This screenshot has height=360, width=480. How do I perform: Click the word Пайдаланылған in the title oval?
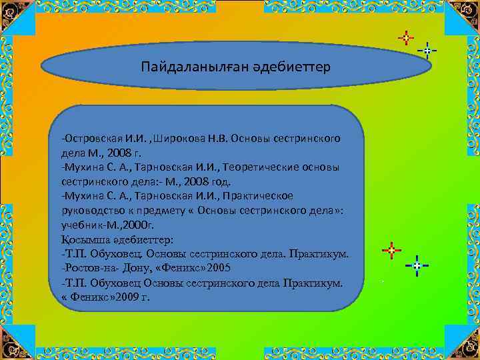point(181,68)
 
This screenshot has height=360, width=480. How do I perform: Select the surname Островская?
point(94,138)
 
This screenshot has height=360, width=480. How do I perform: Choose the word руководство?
point(90,209)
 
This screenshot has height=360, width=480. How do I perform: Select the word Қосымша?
point(84,238)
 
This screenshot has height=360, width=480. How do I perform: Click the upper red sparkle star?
point(405,38)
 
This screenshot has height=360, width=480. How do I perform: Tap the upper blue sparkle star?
point(427,51)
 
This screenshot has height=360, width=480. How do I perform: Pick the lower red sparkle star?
point(391,251)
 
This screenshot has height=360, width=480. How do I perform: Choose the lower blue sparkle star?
point(417,265)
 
